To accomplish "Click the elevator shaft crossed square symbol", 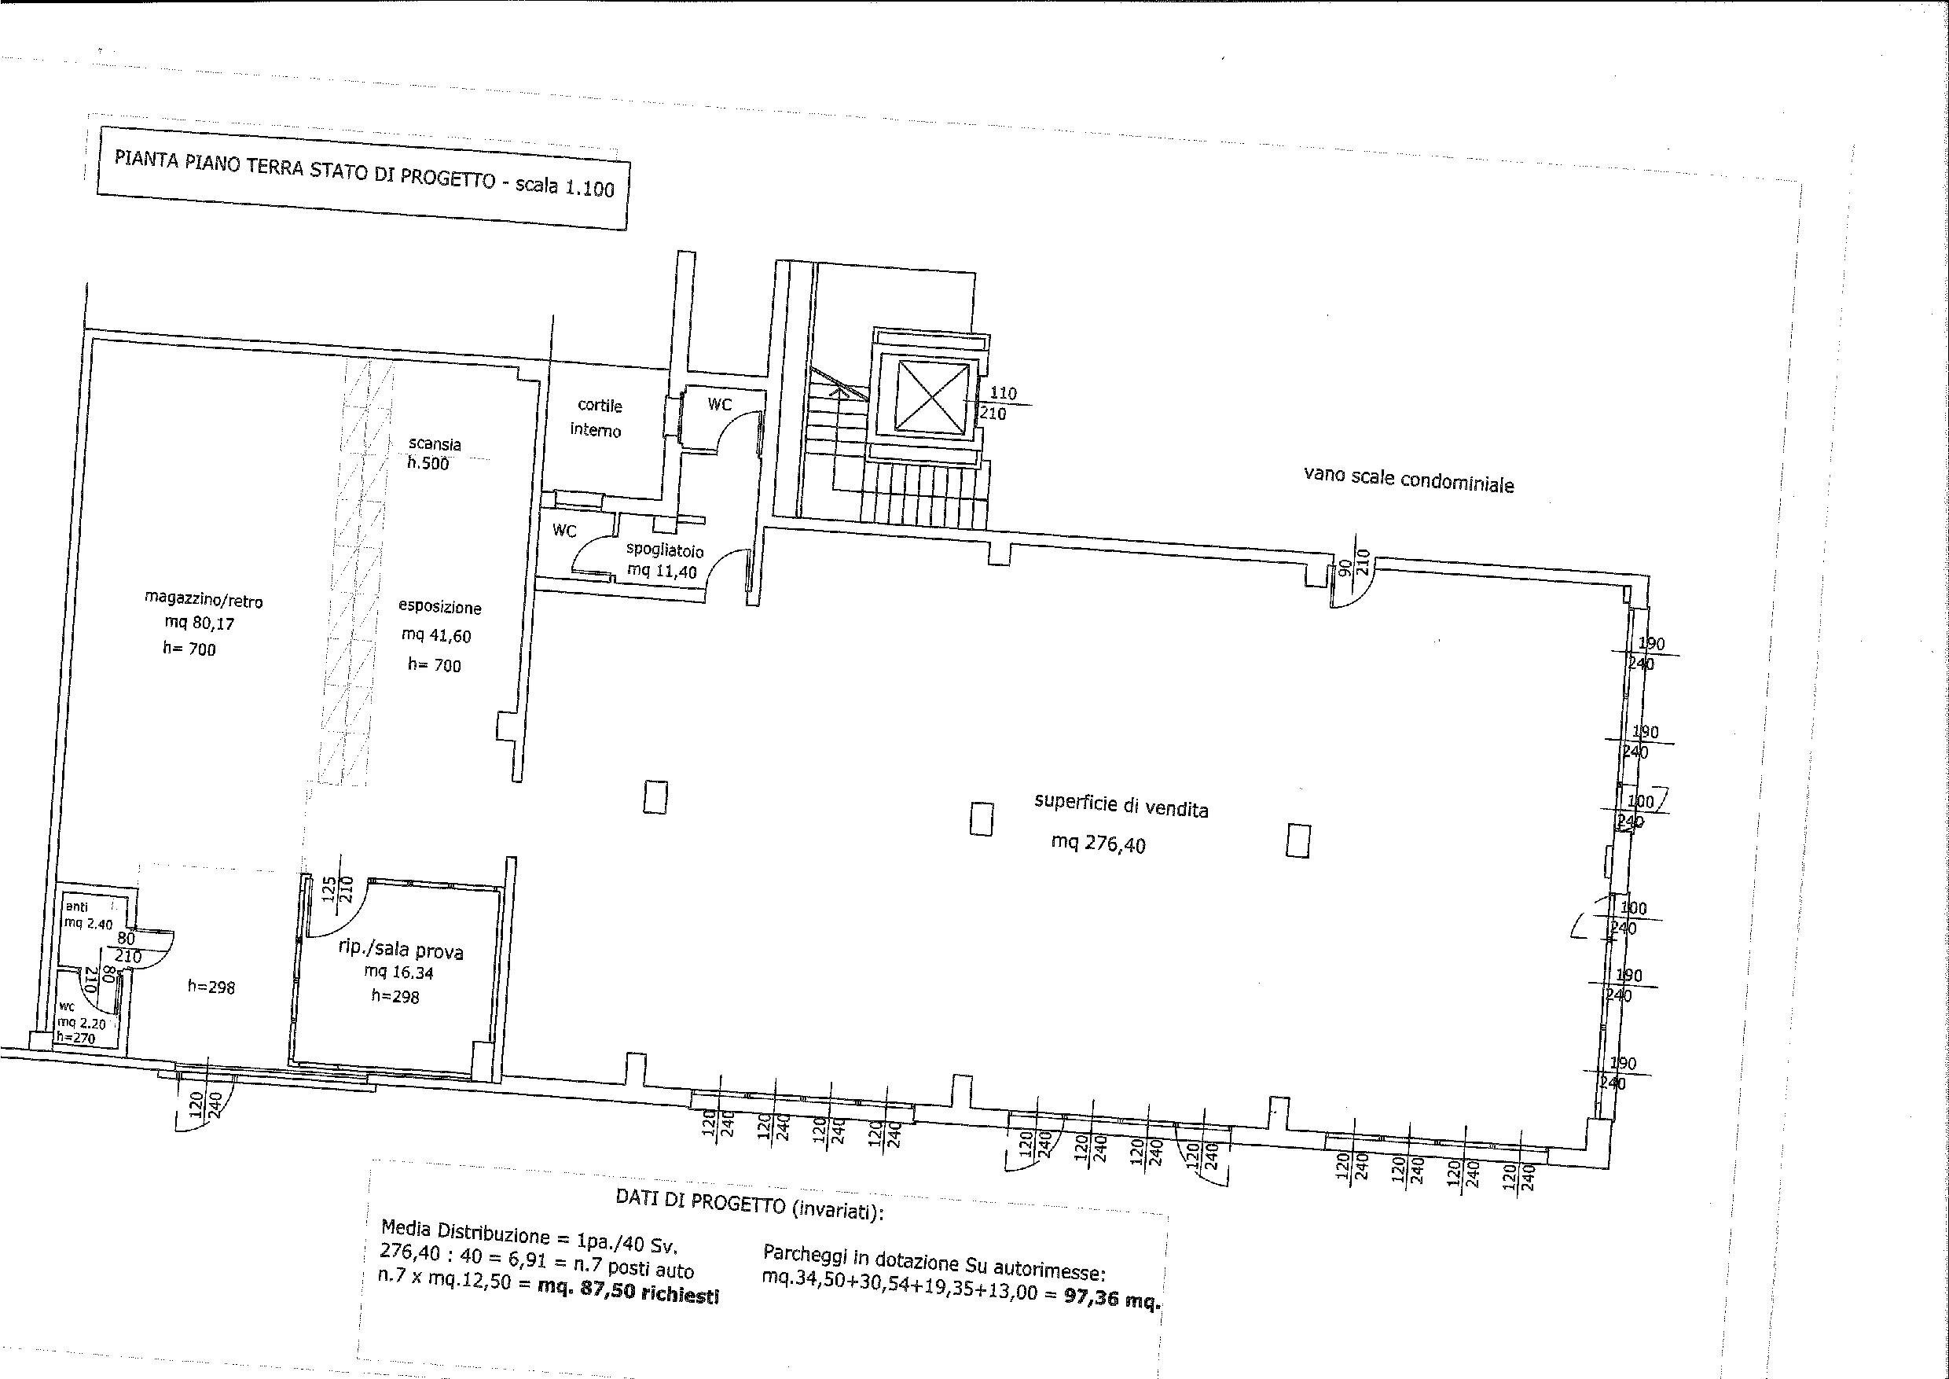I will tap(931, 396).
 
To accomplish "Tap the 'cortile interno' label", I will tap(597, 417).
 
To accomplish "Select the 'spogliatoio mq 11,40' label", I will tap(664, 561).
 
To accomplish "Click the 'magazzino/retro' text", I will tap(204, 601).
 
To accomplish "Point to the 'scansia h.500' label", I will tap(433, 454).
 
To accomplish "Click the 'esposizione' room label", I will tap(440, 607).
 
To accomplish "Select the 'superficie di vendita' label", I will tap(1121, 804).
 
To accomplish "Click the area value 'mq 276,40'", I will tap(1098, 842).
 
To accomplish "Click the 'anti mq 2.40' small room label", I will tap(87, 915).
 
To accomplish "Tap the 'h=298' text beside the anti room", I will tap(211, 987).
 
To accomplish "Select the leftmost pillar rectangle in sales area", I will tap(655, 797).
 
